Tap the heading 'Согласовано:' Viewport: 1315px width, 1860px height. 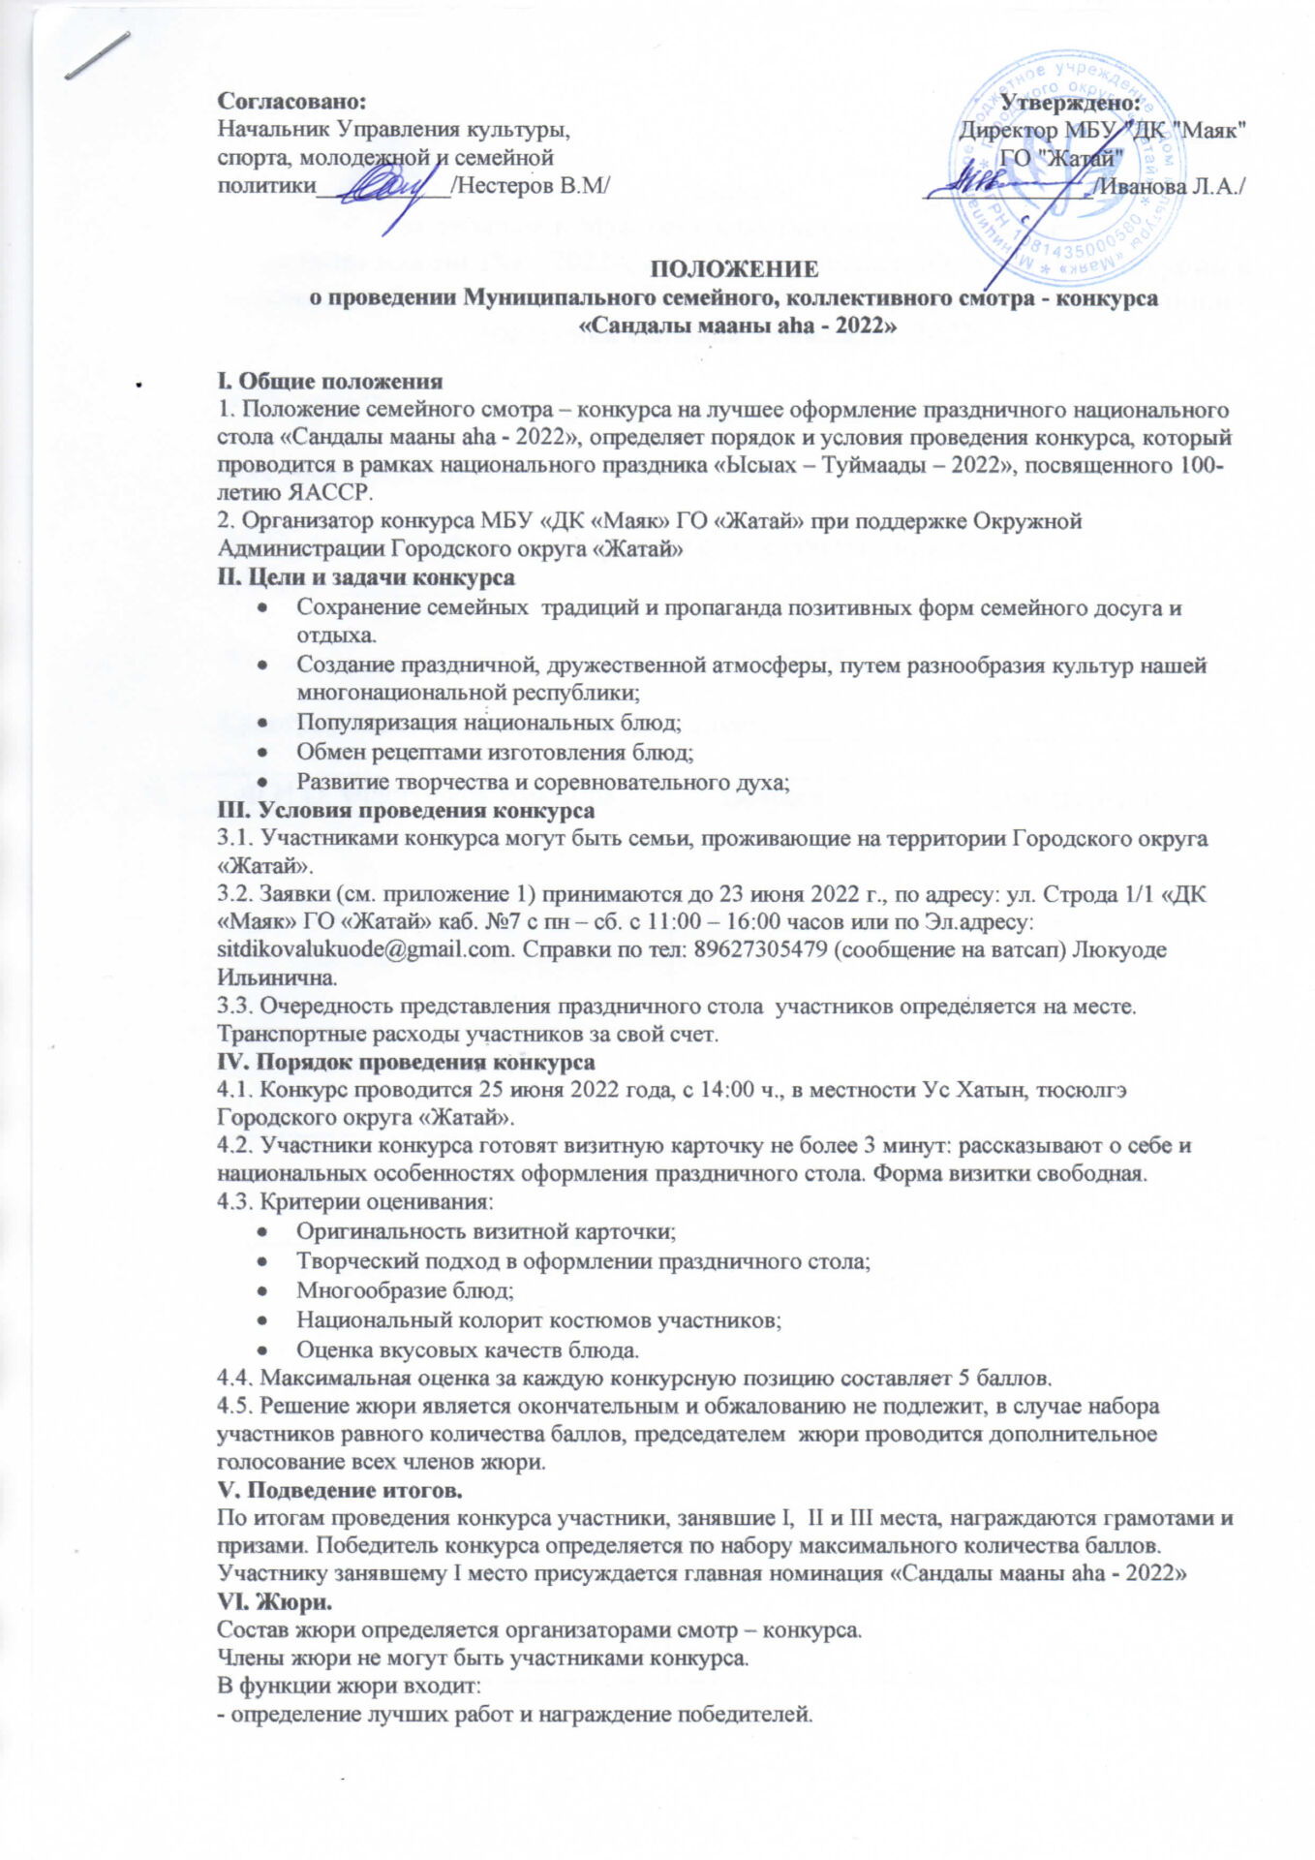(292, 101)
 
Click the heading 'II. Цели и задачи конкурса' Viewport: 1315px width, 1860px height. (366, 578)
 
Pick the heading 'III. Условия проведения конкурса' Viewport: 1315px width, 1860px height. (406, 809)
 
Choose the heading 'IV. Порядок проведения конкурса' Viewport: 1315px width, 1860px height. (406, 1061)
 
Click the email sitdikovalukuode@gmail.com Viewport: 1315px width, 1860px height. (364, 949)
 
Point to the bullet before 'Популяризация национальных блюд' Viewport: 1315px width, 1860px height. (264, 723)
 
